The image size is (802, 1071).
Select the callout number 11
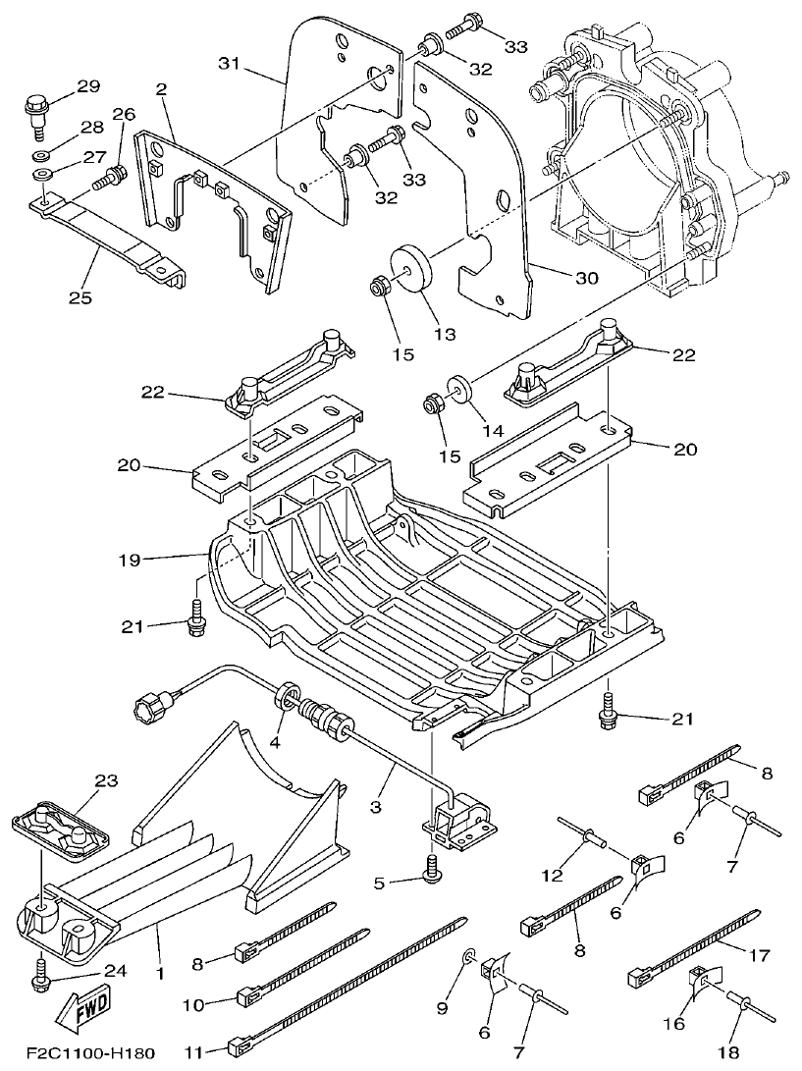[193, 1051]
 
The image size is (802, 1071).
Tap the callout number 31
[229, 64]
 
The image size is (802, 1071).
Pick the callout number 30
[586, 278]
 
